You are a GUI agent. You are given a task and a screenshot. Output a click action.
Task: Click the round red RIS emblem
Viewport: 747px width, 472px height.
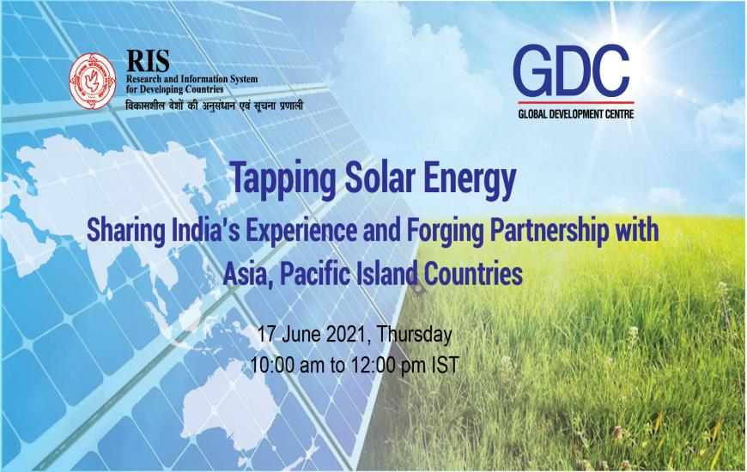(x=93, y=82)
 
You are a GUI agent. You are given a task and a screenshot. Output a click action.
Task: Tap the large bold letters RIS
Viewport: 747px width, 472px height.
(x=148, y=61)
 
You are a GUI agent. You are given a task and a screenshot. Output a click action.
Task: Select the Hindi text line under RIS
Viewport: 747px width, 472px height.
(x=215, y=105)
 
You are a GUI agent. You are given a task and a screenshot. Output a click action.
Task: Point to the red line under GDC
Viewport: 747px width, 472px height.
(x=576, y=102)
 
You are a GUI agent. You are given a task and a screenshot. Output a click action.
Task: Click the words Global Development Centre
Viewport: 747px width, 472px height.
(x=576, y=114)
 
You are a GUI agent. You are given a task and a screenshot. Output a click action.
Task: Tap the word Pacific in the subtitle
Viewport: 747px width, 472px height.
(x=314, y=274)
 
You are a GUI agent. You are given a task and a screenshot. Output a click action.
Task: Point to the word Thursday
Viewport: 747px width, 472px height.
(x=414, y=336)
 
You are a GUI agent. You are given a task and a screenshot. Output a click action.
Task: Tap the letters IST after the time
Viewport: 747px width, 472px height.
(x=445, y=366)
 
